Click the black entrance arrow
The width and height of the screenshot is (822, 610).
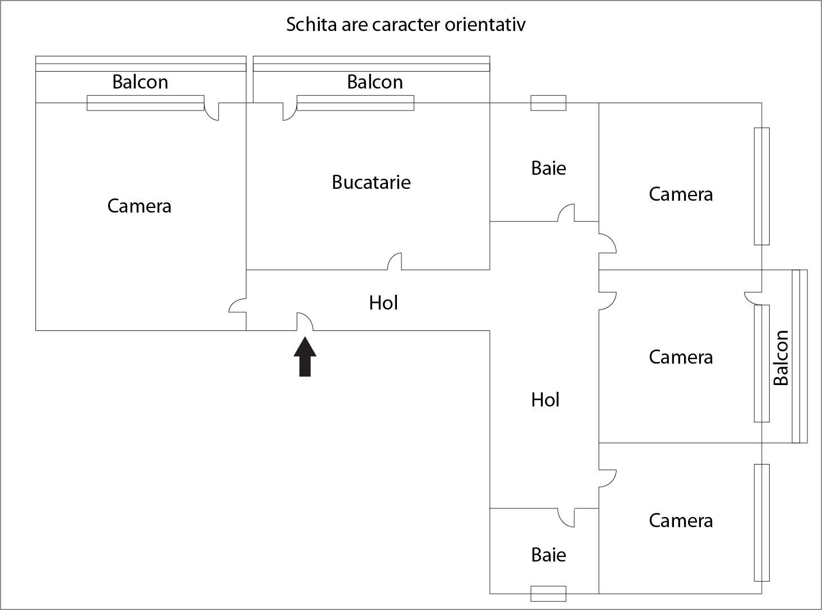tap(305, 357)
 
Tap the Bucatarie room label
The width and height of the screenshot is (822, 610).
tap(371, 182)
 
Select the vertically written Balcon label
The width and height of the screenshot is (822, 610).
tap(781, 357)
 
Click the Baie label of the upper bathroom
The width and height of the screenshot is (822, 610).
tap(548, 168)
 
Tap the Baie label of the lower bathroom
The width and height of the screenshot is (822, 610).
tap(548, 555)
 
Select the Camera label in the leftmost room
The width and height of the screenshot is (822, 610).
tap(139, 206)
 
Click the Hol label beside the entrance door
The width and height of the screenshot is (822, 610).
tap(383, 303)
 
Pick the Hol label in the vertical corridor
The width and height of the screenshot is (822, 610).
tap(545, 400)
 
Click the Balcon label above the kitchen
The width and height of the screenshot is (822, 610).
tap(374, 82)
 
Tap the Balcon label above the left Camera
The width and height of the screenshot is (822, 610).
tap(140, 82)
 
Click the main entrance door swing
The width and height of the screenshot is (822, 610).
tap(305, 322)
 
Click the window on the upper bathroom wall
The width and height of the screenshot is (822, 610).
tap(548, 103)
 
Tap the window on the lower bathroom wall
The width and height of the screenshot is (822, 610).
tap(548, 594)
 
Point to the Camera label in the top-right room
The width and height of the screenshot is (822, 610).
tap(681, 194)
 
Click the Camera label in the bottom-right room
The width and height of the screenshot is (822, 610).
tap(681, 520)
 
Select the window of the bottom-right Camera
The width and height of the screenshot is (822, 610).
tap(761, 523)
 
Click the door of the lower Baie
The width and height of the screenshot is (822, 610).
tap(566, 517)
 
